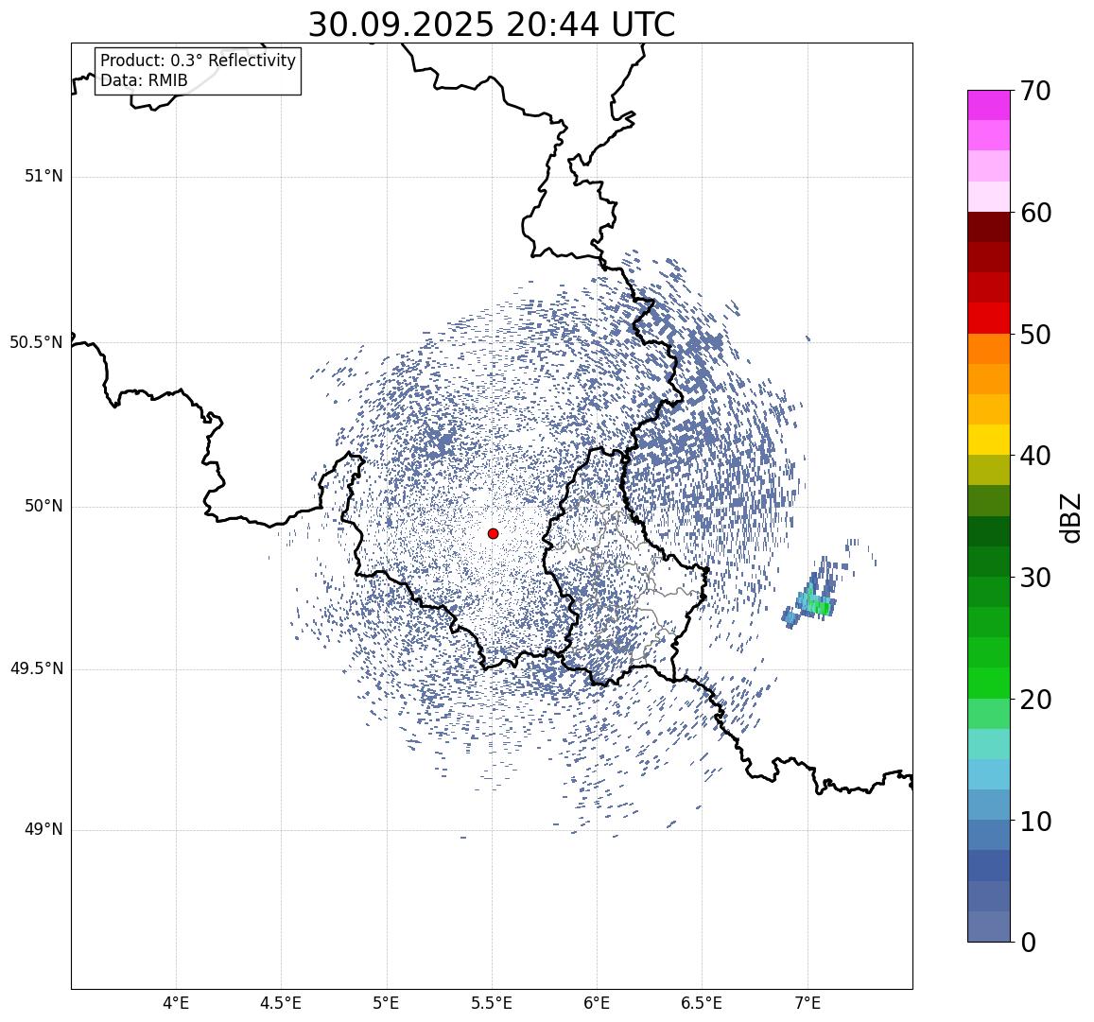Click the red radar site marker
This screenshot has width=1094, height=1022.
[493, 533]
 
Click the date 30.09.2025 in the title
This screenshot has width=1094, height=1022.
[400, 25]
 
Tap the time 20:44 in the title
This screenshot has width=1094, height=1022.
[552, 25]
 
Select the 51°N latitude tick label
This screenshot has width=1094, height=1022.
[43, 176]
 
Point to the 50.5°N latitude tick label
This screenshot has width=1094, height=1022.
[36, 341]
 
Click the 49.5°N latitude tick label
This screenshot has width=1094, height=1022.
[36, 668]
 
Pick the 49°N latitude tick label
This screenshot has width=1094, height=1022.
[43, 829]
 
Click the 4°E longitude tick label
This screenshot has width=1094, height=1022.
[176, 1002]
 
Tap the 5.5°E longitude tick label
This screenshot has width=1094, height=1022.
[491, 1002]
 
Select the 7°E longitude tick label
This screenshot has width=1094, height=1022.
[807, 1002]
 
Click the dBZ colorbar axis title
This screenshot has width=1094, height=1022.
[1071, 516]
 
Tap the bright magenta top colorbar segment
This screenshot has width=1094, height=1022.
[988, 104]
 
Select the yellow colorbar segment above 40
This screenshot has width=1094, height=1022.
[988, 440]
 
